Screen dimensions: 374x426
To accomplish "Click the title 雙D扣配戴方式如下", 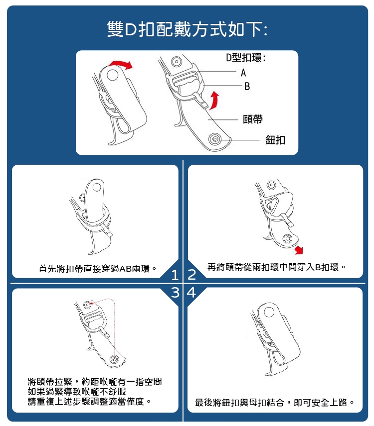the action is [187, 29].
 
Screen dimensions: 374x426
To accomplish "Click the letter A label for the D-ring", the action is [243, 73].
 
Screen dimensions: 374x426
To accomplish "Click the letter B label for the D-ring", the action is [247, 87].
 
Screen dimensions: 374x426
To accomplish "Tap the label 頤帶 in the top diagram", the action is [253, 119].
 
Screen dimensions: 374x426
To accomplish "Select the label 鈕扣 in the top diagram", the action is [275, 140].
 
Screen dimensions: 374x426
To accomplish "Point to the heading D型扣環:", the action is [245, 58].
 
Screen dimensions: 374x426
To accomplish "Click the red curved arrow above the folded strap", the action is [120, 65].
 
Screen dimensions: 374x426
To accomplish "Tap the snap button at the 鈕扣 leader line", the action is [215, 139].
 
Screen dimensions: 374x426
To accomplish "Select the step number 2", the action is [191, 275].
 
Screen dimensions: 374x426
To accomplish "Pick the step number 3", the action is [175, 293].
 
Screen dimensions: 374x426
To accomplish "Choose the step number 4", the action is [191, 293].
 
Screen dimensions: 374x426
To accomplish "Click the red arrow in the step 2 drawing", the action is [299, 250].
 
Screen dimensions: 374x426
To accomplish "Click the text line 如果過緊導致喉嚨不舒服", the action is [77, 392].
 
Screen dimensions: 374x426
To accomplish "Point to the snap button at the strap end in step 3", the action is [114, 359].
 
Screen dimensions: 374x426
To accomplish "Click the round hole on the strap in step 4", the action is [269, 312].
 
